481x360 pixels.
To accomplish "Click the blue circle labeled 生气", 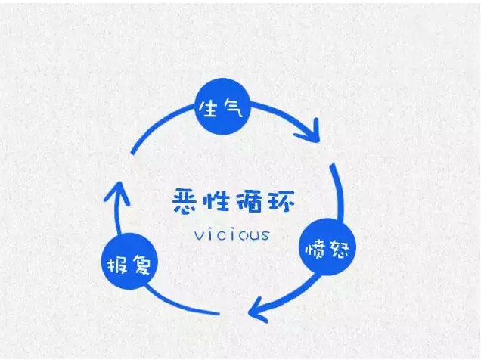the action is pyautogui.click(x=223, y=107).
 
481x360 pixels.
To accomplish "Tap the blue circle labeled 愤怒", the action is pyautogui.click(x=327, y=247).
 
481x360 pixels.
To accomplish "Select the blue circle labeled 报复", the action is pyautogui.click(x=129, y=261).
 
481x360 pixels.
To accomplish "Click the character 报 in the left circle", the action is pyautogui.click(x=117, y=265).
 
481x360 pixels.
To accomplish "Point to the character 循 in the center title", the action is pyautogui.click(x=249, y=201).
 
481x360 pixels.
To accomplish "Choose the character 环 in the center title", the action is pyautogui.click(x=281, y=201).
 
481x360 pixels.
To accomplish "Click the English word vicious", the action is pyautogui.click(x=232, y=234).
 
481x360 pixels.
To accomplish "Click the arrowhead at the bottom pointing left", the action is pyautogui.click(x=259, y=310).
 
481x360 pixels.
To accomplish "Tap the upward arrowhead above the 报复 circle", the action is pyautogui.click(x=117, y=193).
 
